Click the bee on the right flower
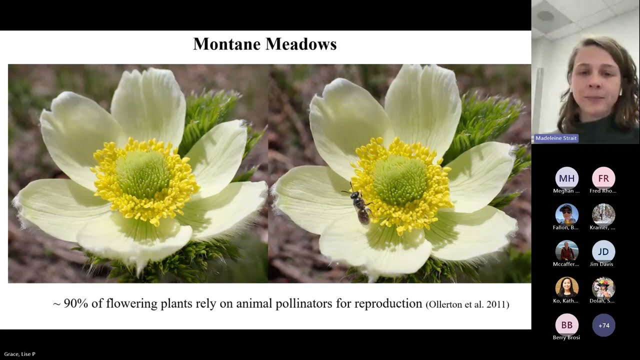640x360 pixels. click(360, 206)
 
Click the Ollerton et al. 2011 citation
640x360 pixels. click(467, 304)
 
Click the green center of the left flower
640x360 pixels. click(143, 174)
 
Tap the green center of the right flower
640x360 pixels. click(400, 180)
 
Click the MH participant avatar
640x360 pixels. click(566, 178)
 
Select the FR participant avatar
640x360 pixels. click(603, 178)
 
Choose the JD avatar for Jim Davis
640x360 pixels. click(603, 251)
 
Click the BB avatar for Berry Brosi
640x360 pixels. click(566, 325)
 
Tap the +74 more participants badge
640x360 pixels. click(603, 325)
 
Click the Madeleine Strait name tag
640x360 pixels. click(556, 138)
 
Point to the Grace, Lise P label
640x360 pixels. click(19, 354)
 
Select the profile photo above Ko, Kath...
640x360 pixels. click(566, 288)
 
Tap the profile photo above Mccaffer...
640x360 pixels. click(566, 251)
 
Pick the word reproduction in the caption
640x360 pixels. click(388, 303)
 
